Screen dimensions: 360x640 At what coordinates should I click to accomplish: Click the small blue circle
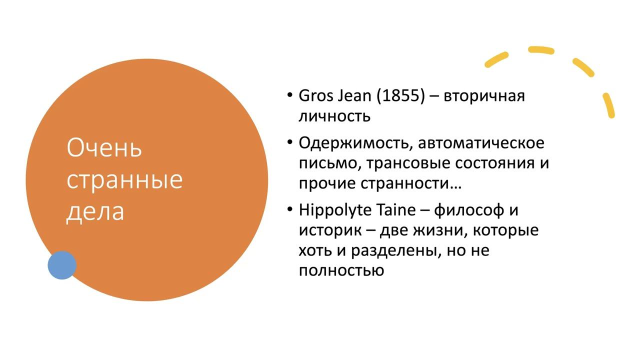click(62, 265)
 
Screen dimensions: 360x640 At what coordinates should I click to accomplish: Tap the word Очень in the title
click(104, 148)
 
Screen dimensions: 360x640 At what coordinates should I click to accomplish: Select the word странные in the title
click(124, 179)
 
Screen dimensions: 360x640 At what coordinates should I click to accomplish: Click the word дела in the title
click(95, 211)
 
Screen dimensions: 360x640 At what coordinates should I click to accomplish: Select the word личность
click(334, 116)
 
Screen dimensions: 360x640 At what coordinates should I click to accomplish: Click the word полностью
click(341, 270)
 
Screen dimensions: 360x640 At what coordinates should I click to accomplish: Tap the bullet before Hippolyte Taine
click(290, 209)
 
